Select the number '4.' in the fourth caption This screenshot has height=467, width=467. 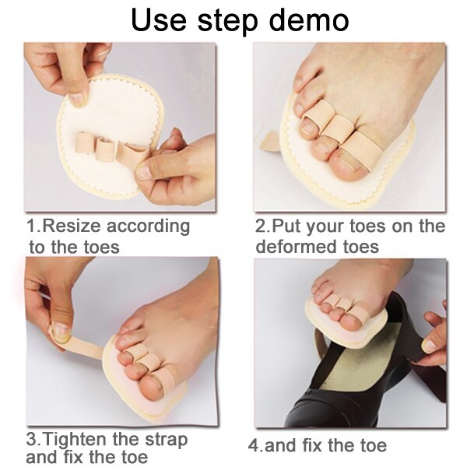pyautogui.click(x=255, y=446)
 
